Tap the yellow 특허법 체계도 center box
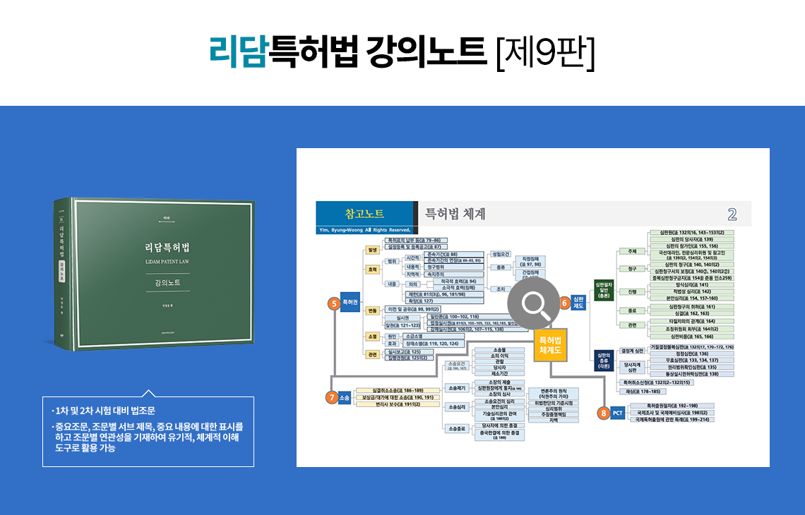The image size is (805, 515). (x=550, y=344)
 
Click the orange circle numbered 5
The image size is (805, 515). (x=333, y=303)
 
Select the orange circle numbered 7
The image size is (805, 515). (x=331, y=397)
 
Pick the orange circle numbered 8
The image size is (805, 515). (x=603, y=413)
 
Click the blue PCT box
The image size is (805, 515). (x=618, y=413)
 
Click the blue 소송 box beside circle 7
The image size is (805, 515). (x=345, y=398)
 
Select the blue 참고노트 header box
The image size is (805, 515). (x=364, y=212)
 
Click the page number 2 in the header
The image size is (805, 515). (x=732, y=214)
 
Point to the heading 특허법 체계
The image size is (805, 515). (x=453, y=214)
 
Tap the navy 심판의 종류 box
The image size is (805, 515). (x=603, y=360)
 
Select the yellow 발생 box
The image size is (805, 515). (x=371, y=249)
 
